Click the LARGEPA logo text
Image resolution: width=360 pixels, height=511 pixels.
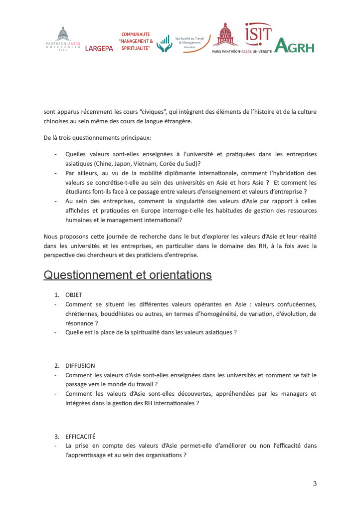(99, 48)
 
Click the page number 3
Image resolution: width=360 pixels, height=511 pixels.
(315, 483)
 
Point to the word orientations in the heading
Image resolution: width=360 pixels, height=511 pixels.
(179, 275)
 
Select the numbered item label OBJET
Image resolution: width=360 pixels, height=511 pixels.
(73, 295)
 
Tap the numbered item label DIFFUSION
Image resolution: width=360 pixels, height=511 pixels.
(80, 365)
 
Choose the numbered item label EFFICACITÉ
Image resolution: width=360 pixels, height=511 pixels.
(80, 436)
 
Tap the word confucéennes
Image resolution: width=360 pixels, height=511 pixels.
(292, 304)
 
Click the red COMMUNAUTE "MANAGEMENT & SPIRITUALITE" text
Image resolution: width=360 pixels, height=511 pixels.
(136, 40)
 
